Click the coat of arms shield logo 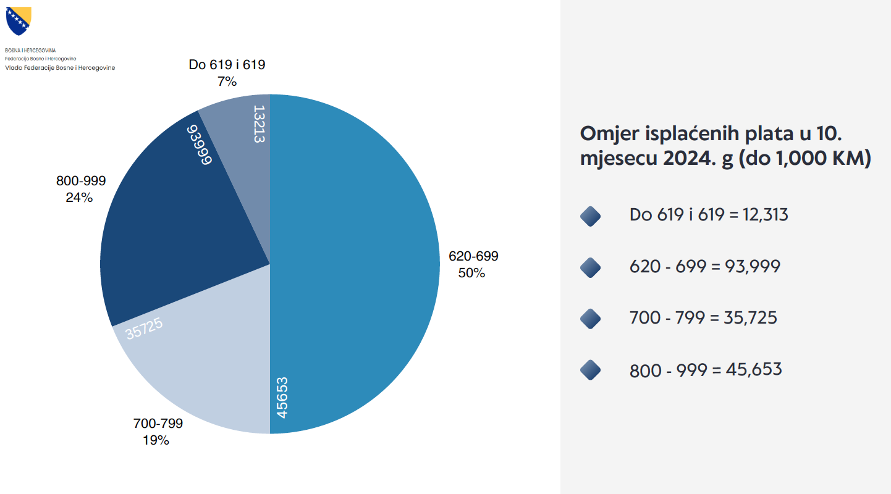point(18,21)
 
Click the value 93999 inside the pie point(200,145)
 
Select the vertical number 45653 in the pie point(282,397)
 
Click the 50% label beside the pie point(471,272)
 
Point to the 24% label point(79,198)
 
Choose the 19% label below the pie point(156,440)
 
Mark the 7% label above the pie point(227,80)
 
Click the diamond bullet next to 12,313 point(591,216)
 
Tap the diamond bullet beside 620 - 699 point(591,267)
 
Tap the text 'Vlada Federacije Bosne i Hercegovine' point(60,67)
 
